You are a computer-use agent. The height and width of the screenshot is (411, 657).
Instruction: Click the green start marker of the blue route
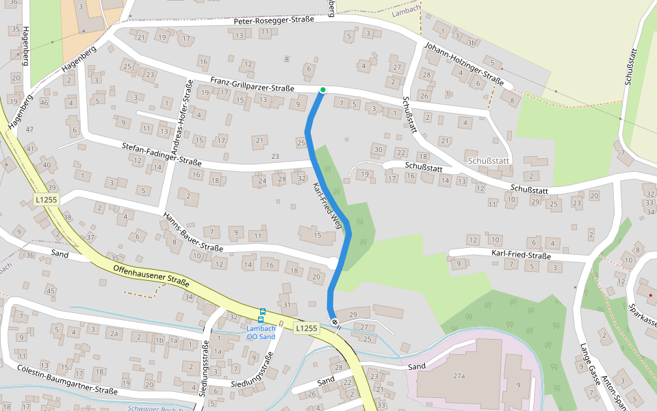323,90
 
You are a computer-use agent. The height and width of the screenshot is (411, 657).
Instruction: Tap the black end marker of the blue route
335,321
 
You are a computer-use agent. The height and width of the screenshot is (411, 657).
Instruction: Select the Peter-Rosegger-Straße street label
273,21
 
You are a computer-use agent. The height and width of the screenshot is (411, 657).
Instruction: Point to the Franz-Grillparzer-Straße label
252,84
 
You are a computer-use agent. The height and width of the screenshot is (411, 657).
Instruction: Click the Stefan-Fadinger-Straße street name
162,154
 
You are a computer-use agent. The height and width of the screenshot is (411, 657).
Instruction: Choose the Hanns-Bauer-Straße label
194,232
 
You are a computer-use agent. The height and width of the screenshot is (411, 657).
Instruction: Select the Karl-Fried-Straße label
521,256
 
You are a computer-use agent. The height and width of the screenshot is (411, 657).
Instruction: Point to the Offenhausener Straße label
151,273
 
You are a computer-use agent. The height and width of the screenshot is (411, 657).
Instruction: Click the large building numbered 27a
459,375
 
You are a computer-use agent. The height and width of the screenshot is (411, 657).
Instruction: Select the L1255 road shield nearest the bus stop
306,329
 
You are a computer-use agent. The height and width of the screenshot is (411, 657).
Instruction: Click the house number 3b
471,42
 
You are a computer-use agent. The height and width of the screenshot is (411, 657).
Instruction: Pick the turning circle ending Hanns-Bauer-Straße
333,263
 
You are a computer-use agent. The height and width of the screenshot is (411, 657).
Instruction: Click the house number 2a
116,334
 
